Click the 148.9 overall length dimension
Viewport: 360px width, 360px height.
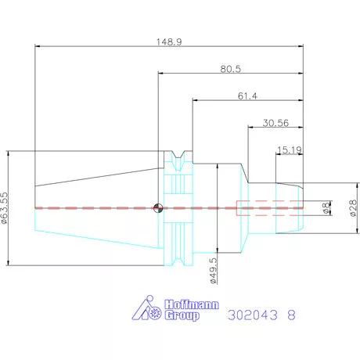click(x=169, y=41)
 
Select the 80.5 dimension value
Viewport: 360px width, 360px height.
click(x=231, y=69)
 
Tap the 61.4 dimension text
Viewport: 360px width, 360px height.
click(x=247, y=96)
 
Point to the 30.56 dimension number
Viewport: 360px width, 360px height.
click(x=275, y=123)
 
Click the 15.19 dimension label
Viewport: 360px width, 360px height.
click(x=290, y=150)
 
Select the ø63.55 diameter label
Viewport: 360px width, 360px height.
click(x=5, y=208)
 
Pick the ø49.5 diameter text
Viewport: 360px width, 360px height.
click(x=213, y=271)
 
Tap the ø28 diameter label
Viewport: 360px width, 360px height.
click(x=353, y=208)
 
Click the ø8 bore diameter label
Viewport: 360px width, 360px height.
click(x=326, y=208)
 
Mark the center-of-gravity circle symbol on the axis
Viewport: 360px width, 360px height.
click(x=158, y=208)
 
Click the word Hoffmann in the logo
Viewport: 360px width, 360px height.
click(x=192, y=304)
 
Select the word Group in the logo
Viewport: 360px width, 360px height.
click(x=182, y=315)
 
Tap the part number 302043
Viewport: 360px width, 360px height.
click(x=253, y=315)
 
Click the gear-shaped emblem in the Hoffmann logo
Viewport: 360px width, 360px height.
click(x=156, y=311)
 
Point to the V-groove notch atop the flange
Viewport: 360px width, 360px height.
click(x=178, y=154)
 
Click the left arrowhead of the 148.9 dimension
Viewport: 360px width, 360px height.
click(x=38, y=46)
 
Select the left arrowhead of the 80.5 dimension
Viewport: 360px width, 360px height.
click(x=161, y=74)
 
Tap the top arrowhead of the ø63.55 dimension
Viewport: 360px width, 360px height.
click(x=8, y=153)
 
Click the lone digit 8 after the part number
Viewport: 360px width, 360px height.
click(x=291, y=315)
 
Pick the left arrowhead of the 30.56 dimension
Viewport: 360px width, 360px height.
click(x=250, y=128)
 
